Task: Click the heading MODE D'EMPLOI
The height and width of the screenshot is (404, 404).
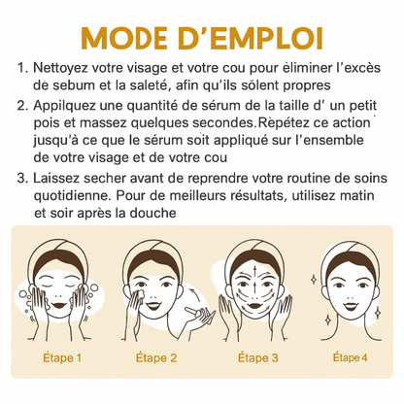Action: click(202, 38)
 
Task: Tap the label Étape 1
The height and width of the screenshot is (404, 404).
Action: click(62, 358)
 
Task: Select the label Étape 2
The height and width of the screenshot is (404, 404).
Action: click(156, 358)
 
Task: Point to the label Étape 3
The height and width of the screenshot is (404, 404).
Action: click(258, 358)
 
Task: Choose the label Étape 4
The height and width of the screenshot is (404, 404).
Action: click(350, 357)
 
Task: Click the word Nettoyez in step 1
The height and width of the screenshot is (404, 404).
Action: click(60, 69)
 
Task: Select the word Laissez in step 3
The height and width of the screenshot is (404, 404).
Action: click(55, 179)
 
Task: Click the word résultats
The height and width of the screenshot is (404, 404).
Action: click(258, 196)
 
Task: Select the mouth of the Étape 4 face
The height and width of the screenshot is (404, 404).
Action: click(351, 306)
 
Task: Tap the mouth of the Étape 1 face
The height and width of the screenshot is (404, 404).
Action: click(59, 305)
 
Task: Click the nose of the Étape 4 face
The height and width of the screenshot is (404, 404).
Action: click(351, 293)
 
